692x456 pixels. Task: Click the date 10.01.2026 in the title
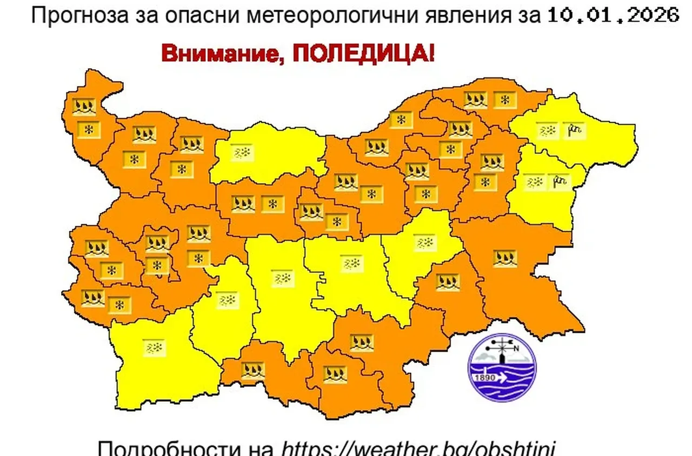(x=613, y=15)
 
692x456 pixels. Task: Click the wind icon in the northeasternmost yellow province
(x=574, y=130)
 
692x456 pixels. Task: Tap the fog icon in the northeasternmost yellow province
(x=548, y=130)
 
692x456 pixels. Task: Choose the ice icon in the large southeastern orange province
(x=505, y=258)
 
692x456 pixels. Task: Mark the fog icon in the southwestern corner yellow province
(x=154, y=347)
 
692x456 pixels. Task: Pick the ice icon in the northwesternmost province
(x=84, y=106)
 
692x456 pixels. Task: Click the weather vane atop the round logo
(x=503, y=344)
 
